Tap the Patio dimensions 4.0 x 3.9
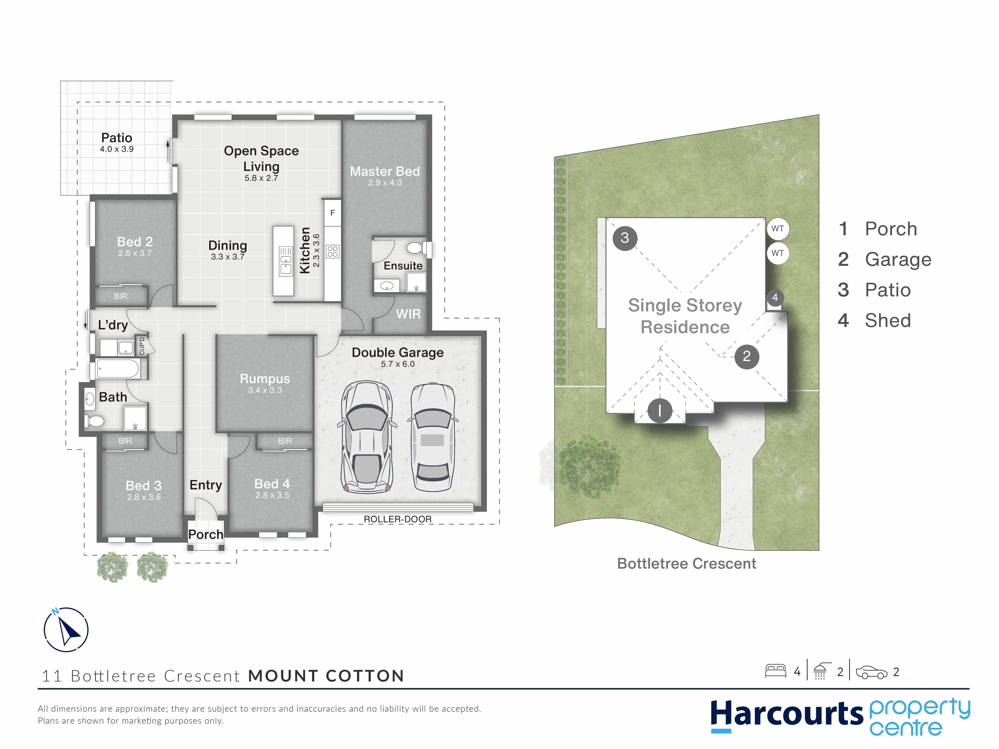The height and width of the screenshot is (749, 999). coord(116,149)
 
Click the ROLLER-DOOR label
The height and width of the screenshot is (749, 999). coord(397,519)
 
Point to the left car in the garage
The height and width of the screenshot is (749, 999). coord(367,437)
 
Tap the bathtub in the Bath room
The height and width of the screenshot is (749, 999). coord(118,369)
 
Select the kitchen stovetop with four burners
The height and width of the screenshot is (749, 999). coord(333,251)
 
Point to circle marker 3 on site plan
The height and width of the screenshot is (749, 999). coord(625,238)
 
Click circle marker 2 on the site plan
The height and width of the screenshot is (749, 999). coord(746,357)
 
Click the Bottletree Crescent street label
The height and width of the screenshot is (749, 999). coord(687,563)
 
